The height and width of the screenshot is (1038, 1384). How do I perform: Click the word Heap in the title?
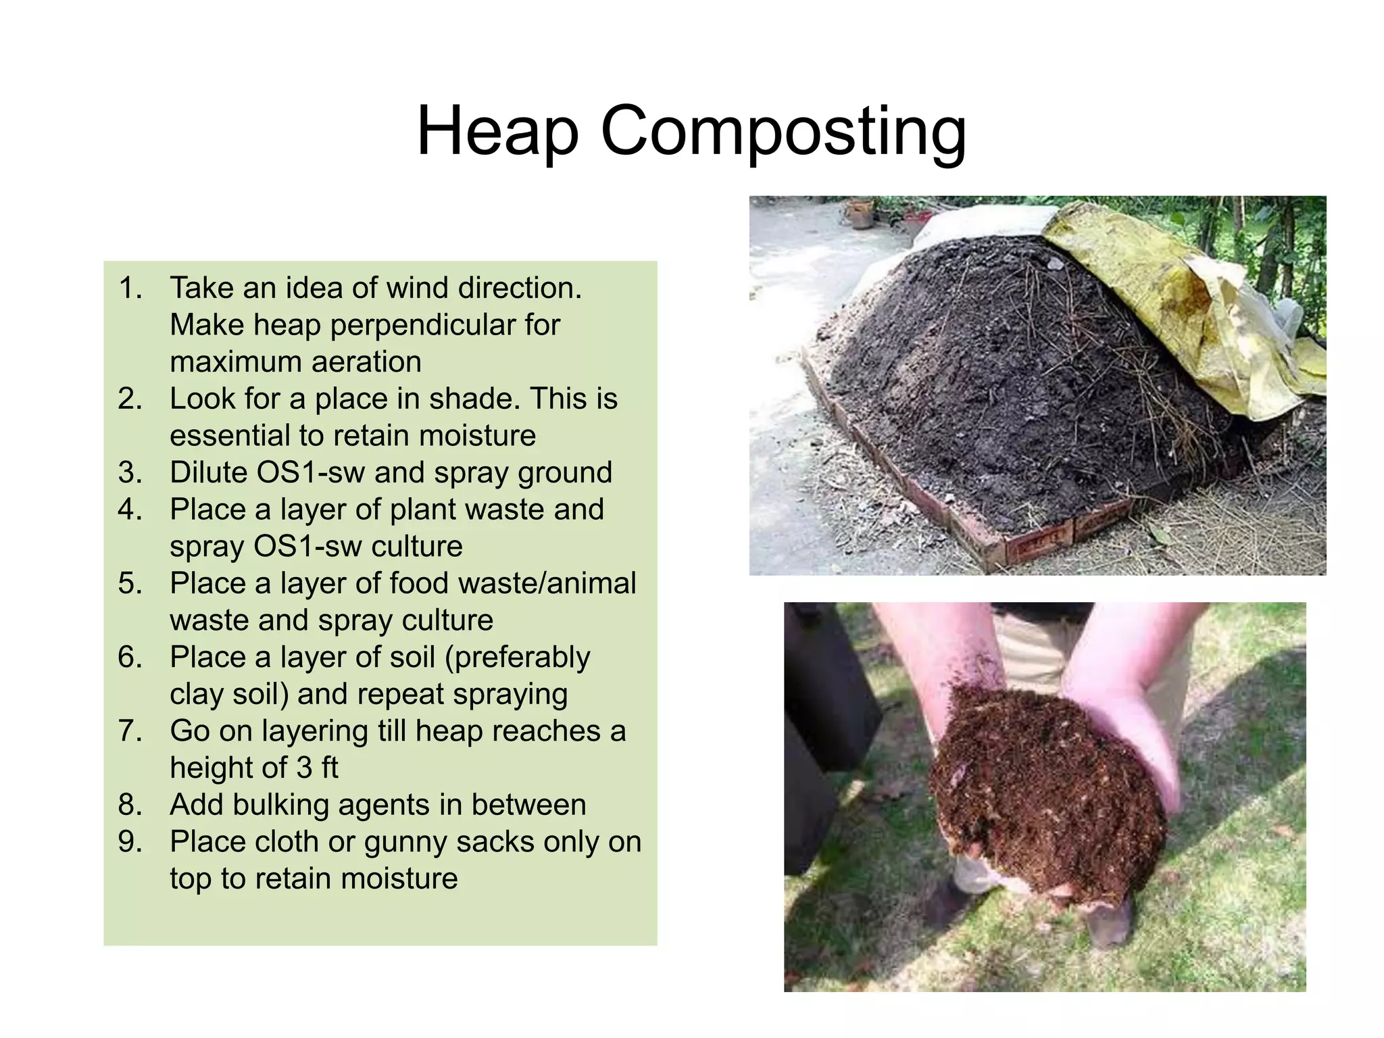[x=497, y=131]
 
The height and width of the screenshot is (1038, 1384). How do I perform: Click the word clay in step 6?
[x=194, y=694]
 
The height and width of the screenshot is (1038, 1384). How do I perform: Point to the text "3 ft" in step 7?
[x=317, y=768]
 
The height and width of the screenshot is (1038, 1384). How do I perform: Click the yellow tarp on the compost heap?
[x=1176, y=304]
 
